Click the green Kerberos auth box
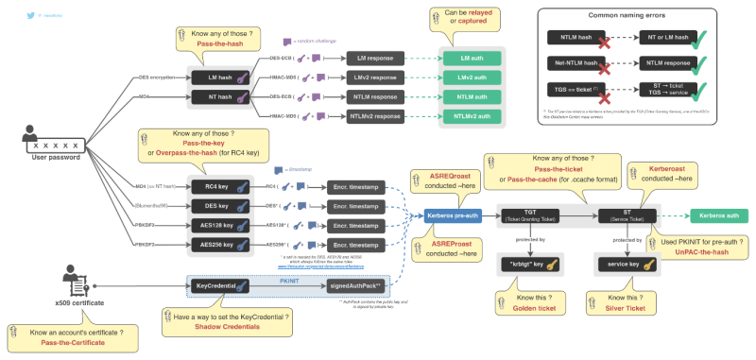(720, 216)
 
